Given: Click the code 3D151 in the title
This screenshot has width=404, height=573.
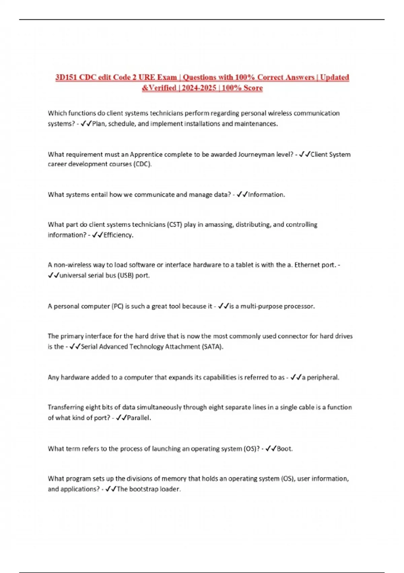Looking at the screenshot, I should coord(66,78).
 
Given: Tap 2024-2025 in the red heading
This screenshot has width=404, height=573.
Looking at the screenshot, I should coord(199,88).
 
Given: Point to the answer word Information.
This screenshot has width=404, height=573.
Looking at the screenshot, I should coord(266,194).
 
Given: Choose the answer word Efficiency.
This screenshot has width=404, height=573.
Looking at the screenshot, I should coord(118,235).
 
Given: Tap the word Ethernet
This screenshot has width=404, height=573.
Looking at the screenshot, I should coord(307,265).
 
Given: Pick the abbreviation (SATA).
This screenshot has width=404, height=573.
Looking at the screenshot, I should coord(212,346).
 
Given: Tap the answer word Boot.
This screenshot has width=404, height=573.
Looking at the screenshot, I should coord(284,449).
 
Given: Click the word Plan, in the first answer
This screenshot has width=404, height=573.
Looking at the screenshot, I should coord(99,124).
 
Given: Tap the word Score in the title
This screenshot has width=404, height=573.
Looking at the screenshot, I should coord(252,88).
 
